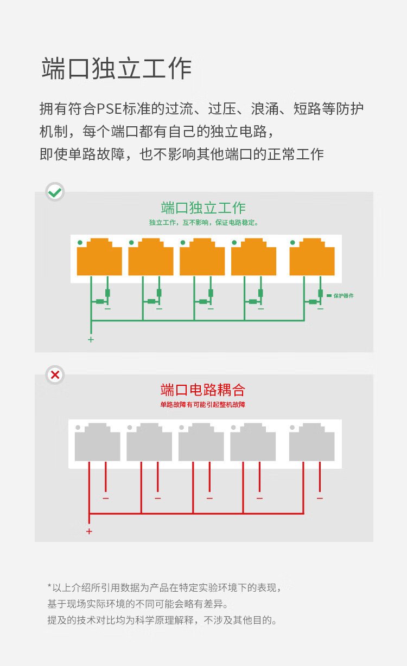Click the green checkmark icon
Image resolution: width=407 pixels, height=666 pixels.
(55, 192)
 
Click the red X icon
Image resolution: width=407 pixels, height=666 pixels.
(55, 374)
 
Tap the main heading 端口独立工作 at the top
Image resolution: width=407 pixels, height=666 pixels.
(117, 69)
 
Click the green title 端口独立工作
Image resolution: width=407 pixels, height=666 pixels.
(203, 208)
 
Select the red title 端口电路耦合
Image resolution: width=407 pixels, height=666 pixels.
(203, 390)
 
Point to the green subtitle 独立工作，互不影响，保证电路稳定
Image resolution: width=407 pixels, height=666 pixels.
(203, 223)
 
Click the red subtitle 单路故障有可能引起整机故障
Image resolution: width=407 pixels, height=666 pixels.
(203, 405)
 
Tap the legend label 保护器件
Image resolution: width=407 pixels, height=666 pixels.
(344, 295)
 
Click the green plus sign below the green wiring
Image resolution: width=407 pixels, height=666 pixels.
(91, 340)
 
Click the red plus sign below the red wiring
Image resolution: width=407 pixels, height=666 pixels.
(89, 531)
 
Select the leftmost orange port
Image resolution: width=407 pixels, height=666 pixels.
(99, 257)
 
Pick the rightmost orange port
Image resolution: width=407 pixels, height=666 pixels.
(312, 257)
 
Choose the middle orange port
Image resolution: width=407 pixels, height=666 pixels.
(202, 257)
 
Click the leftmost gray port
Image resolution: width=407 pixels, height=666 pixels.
(97, 442)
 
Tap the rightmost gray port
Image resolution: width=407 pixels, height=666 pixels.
(311, 442)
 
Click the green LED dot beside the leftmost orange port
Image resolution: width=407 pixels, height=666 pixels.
(80, 243)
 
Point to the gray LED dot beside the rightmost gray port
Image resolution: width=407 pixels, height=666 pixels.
(292, 428)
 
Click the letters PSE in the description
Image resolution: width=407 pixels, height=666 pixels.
(109, 109)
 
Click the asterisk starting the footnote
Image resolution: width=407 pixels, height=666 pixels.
(49, 586)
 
